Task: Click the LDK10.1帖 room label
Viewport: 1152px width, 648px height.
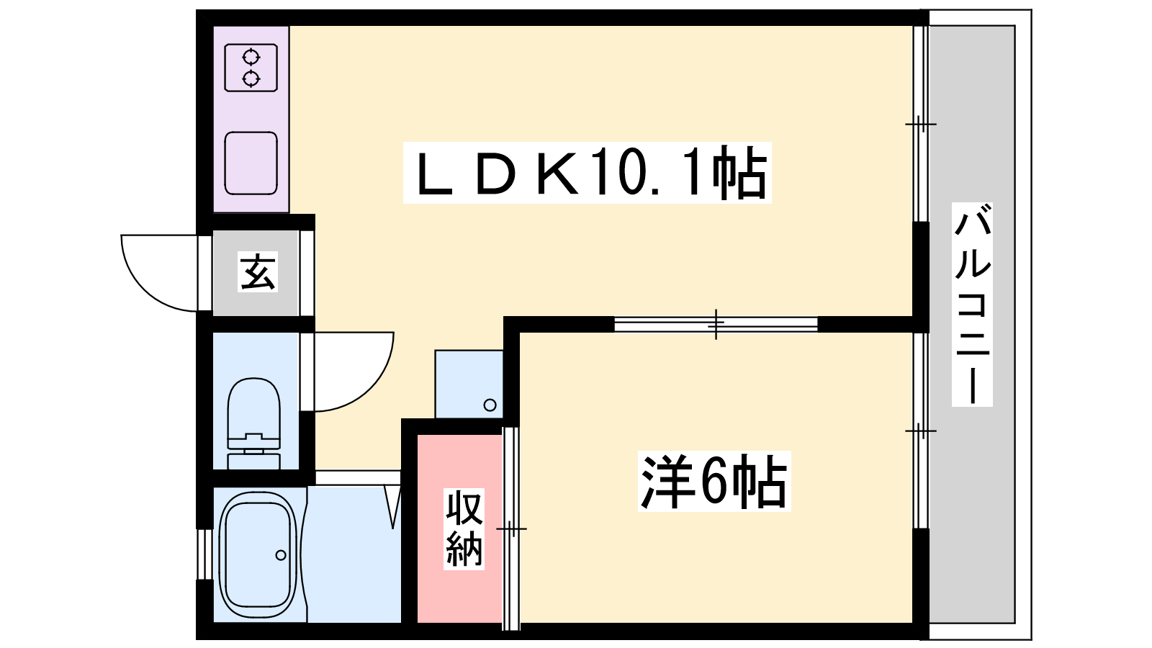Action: pos(588,173)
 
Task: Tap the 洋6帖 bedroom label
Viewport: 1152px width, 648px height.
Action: pos(714,482)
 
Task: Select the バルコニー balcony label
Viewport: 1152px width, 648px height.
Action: pos(972,305)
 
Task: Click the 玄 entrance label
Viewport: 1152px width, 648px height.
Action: pos(258,271)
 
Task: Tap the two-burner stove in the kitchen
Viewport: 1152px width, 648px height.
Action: pos(251,68)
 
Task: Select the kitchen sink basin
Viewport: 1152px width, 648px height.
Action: pos(251,163)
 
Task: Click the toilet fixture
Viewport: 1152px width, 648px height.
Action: pos(254,423)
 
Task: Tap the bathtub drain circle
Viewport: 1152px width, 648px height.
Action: pos(281,555)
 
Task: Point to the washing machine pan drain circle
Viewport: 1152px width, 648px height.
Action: pos(490,405)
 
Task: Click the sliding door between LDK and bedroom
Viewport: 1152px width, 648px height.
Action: pos(716,324)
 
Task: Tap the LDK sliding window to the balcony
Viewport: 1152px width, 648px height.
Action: pos(921,124)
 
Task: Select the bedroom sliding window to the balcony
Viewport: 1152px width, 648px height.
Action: pos(921,431)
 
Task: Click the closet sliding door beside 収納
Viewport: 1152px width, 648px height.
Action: pos(510,528)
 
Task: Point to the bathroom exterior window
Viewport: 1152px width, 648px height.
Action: pos(204,554)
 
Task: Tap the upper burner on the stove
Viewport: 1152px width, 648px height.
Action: pos(251,57)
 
